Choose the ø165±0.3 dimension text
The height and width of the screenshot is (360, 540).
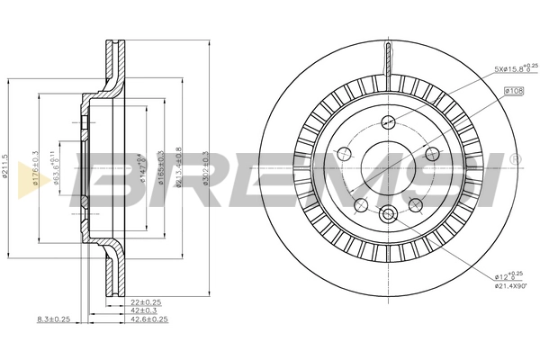pos(161,167)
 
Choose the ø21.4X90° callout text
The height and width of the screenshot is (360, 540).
pos(510,285)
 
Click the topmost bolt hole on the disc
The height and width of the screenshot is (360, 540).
pos(389,123)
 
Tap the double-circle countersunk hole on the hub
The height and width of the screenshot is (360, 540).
pos(389,214)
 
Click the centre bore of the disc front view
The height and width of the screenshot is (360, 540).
pos(389,168)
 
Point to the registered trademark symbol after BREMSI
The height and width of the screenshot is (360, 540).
pos(513,159)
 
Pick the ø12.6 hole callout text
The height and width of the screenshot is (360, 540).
pos(508,274)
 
